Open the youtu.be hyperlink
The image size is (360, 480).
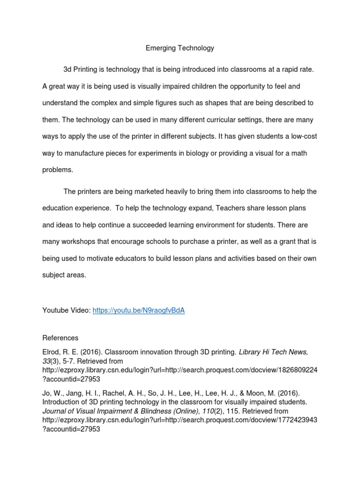click(x=139, y=311)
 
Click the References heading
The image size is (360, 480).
click(x=60, y=338)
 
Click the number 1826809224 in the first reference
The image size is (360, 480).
click(x=299, y=370)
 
